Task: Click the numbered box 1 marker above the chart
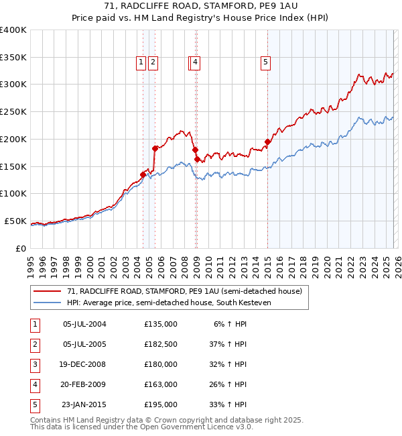pyautogui.click(x=141, y=62)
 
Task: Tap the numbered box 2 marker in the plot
pyautogui.click(x=153, y=62)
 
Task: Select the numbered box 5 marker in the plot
pyautogui.click(x=266, y=62)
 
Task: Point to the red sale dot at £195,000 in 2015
pyautogui.click(x=267, y=142)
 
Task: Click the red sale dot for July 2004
pyautogui.click(x=143, y=174)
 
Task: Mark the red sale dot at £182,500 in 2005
pyautogui.click(x=155, y=148)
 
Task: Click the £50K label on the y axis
pyautogui.click(x=15, y=221)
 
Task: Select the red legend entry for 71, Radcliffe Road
pyautogui.click(x=184, y=291)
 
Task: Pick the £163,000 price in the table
pyautogui.click(x=161, y=384)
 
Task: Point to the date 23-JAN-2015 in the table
pyautogui.click(x=83, y=404)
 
